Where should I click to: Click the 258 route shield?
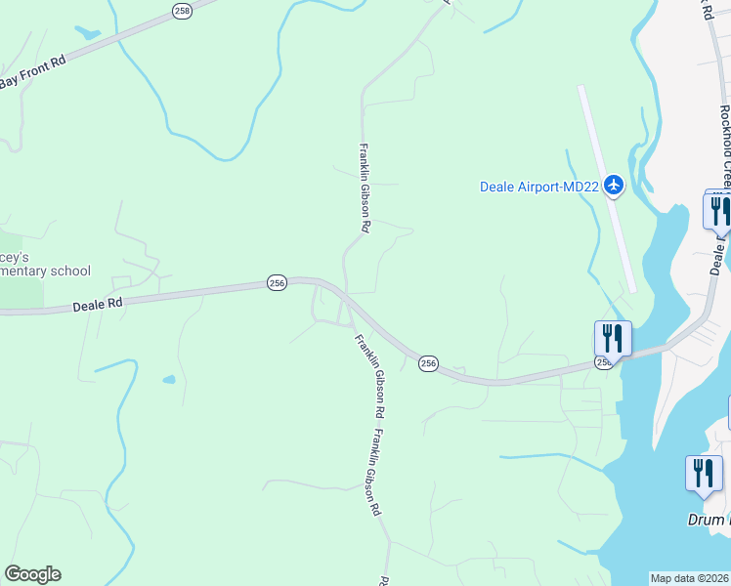[x=183, y=10]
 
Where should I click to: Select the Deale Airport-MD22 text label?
[x=537, y=187]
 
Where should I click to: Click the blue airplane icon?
[x=614, y=185]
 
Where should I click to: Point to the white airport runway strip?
[x=607, y=186]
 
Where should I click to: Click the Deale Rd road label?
[x=97, y=305]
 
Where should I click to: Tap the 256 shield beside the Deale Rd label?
[x=277, y=283]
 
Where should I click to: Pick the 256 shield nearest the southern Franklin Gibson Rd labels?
[x=428, y=363]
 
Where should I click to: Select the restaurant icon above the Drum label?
[x=704, y=474]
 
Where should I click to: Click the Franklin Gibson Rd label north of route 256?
[x=364, y=188]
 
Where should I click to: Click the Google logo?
[x=32, y=574]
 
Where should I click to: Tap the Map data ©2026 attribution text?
[x=689, y=578]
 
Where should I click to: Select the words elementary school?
[x=45, y=272]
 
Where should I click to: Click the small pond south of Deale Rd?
[x=169, y=379]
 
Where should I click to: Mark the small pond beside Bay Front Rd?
[x=87, y=32]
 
